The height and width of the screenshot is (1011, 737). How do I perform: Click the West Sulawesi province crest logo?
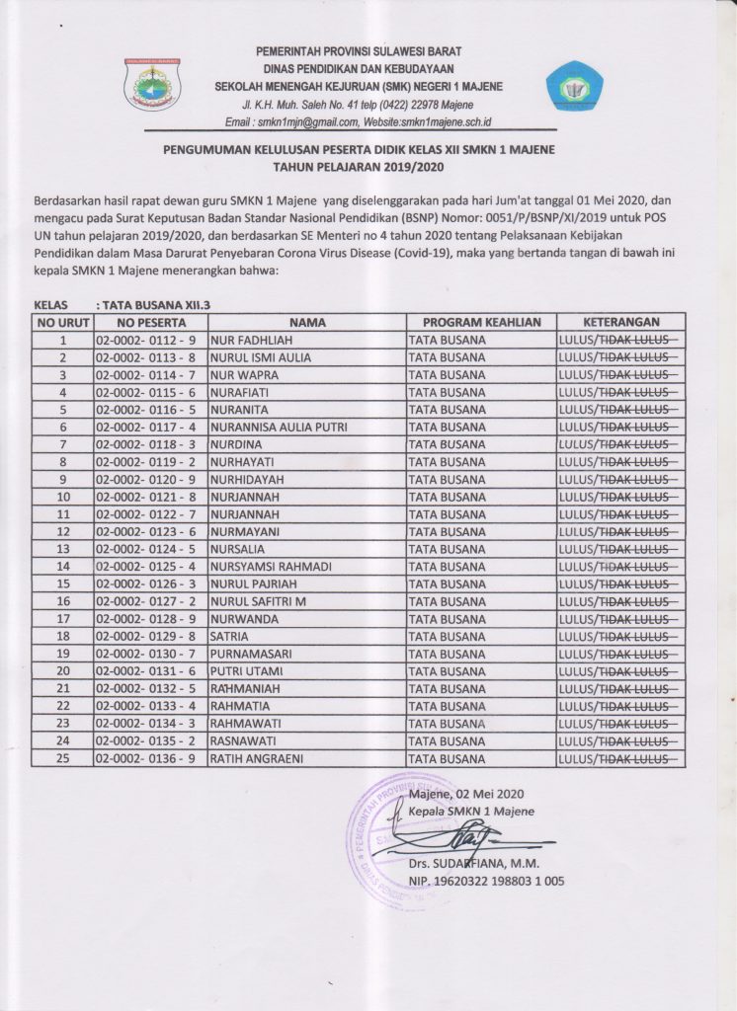[x=152, y=85]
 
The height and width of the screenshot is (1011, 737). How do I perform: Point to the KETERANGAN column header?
[x=621, y=322]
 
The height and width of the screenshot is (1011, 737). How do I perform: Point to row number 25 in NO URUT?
[x=62, y=758]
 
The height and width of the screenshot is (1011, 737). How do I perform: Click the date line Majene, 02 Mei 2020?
[x=468, y=793]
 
